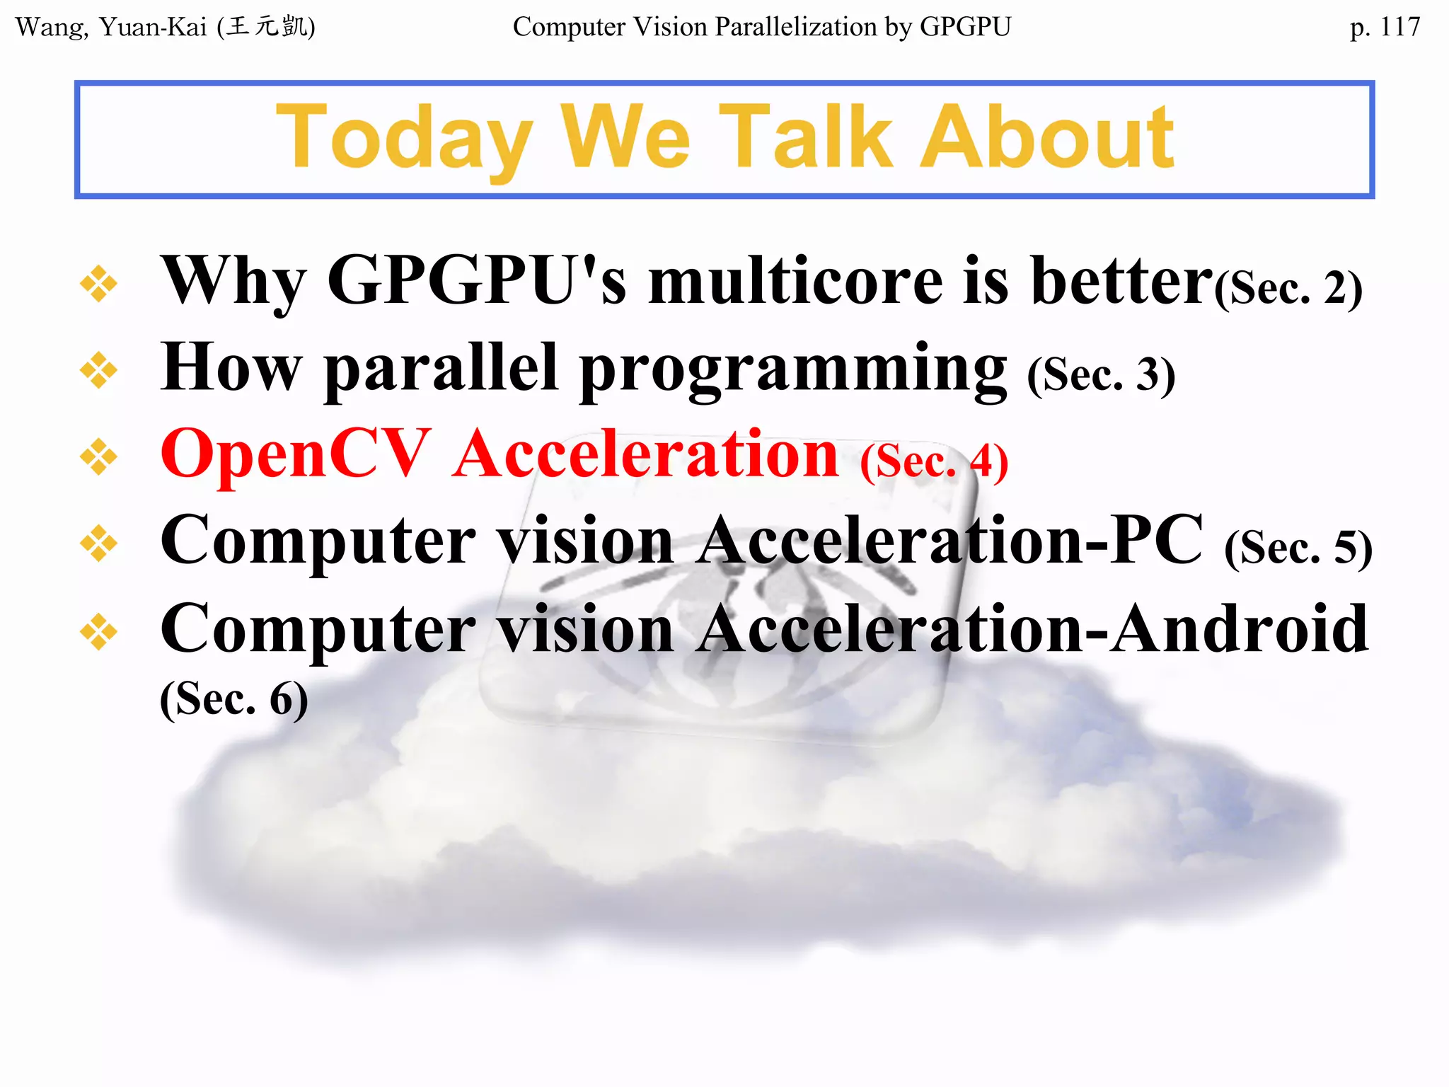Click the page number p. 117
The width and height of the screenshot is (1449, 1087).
(1384, 27)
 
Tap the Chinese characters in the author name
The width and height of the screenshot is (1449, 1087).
(267, 27)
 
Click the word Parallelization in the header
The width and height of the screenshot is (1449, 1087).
(795, 27)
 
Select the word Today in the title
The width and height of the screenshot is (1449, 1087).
(403, 137)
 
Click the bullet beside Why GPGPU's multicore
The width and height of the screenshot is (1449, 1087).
(98, 284)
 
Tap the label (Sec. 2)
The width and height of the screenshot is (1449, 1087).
(1288, 289)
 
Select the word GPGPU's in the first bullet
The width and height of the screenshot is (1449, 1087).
(476, 282)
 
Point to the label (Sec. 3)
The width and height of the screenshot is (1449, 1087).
(1101, 375)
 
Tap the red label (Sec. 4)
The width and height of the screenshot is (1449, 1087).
(934, 461)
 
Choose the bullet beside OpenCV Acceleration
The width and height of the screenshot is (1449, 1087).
(98, 456)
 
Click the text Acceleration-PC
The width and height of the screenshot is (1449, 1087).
(948, 541)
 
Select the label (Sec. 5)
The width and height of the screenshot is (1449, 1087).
(1298, 548)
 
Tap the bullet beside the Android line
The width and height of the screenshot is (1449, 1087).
(98, 631)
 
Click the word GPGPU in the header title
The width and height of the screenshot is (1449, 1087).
(965, 27)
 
